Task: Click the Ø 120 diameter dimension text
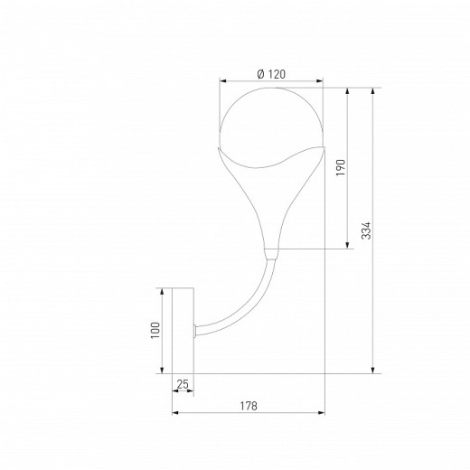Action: [x=271, y=74]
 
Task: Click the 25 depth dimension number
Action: [x=183, y=385]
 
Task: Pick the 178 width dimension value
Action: [x=249, y=406]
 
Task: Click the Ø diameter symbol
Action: [x=259, y=74]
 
